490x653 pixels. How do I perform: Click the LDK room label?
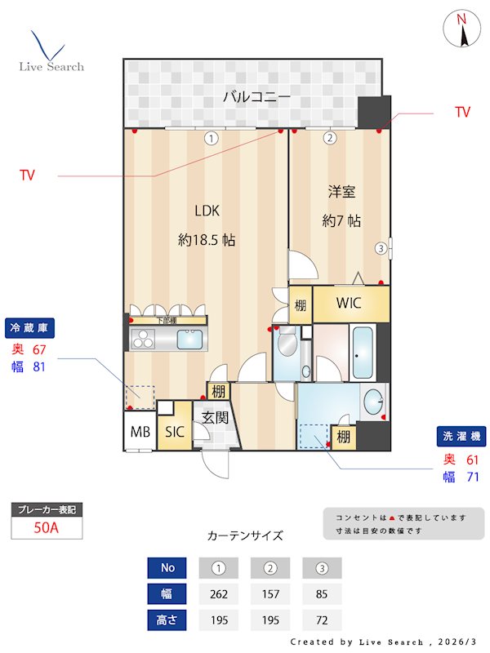pos(207,211)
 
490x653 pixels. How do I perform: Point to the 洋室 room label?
pos(341,192)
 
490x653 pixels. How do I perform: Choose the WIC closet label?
pos(349,304)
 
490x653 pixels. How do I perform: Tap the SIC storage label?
pos(174,432)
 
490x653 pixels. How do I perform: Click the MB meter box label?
pos(140,432)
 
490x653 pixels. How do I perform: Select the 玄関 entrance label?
pos(215,418)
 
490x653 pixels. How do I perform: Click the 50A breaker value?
pos(47,528)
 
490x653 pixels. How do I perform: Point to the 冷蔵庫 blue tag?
pos(31,328)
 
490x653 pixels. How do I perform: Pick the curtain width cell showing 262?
pos(219,593)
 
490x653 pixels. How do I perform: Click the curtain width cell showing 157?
pos(270,593)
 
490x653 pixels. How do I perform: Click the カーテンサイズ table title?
pos(245,536)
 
